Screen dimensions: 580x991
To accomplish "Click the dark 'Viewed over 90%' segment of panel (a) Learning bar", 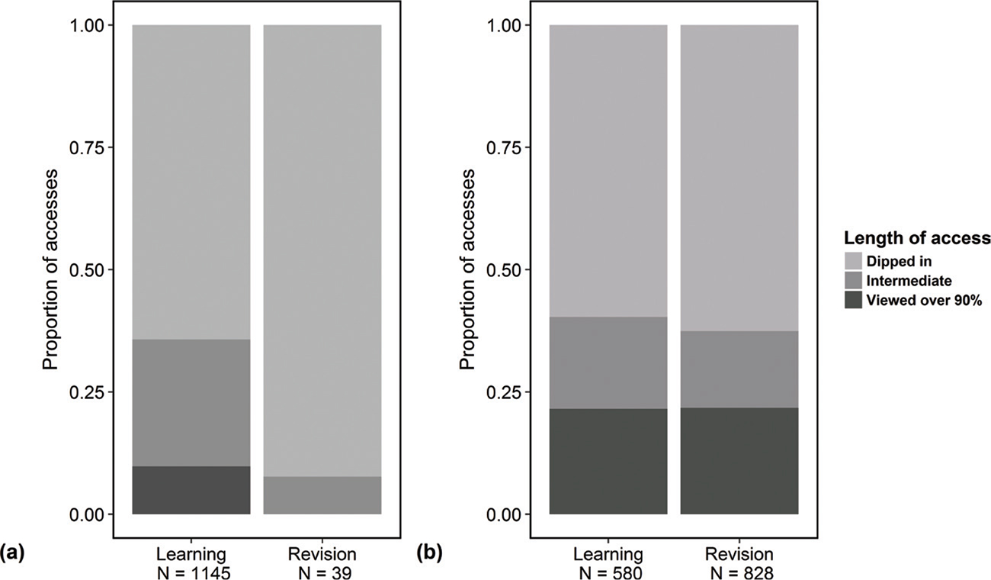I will [191, 490].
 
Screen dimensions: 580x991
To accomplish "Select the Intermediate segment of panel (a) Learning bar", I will [191, 402].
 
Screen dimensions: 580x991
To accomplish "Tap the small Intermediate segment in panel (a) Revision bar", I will [322, 495].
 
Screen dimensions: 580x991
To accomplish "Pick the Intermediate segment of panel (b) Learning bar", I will [608, 362].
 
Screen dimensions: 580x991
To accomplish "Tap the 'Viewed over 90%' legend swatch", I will [853, 301].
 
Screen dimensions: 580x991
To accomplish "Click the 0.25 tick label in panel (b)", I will [504, 392].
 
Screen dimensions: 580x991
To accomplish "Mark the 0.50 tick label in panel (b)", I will [504, 270].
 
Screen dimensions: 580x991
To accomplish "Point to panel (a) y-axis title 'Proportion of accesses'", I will [51, 269].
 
